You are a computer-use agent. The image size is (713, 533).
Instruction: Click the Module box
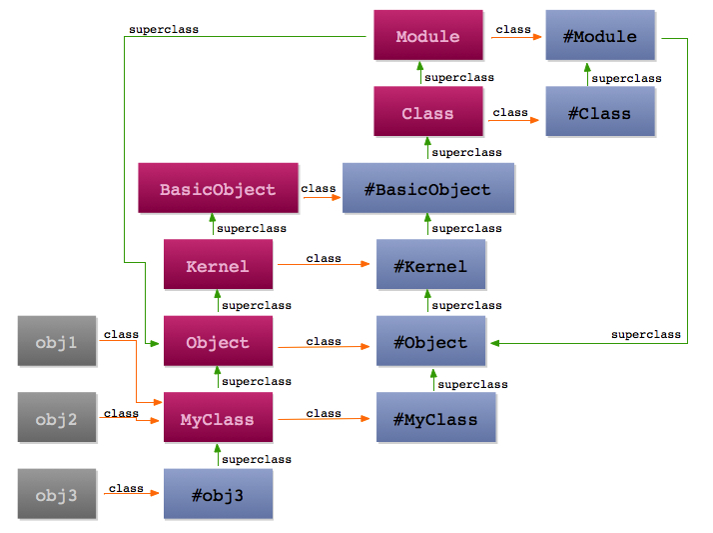click(428, 35)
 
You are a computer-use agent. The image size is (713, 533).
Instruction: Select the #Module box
click(600, 35)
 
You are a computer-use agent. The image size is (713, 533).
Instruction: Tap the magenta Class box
click(428, 112)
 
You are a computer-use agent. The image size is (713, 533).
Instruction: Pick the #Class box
click(600, 112)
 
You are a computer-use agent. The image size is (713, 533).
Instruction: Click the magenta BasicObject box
click(219, 188)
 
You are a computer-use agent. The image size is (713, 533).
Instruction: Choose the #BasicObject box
click(428, 188)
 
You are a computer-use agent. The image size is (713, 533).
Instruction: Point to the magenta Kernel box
click(219, 264)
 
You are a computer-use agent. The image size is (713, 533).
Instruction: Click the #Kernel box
click(431, 264)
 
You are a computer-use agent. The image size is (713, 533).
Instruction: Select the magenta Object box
click(219, 341)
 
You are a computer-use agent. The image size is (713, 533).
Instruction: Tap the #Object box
click(431, 341)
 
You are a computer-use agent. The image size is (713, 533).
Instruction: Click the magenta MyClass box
click(219, 417)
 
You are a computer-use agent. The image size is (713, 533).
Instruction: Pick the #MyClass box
click(436, 417)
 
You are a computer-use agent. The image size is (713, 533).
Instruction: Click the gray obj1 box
click(57, 341)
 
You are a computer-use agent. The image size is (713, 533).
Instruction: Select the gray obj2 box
click(57, 417)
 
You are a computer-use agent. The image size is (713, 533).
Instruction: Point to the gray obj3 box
click(57, 494)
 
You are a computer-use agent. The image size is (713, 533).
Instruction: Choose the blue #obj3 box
click(219, 494)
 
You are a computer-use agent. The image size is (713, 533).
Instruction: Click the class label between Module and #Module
click(513, 29)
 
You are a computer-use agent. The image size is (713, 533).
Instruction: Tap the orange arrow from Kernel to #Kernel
click(324, 264)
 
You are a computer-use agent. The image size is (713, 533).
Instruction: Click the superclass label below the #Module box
click(626, 78)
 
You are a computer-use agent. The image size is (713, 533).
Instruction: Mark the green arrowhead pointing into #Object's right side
click(495, 343)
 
